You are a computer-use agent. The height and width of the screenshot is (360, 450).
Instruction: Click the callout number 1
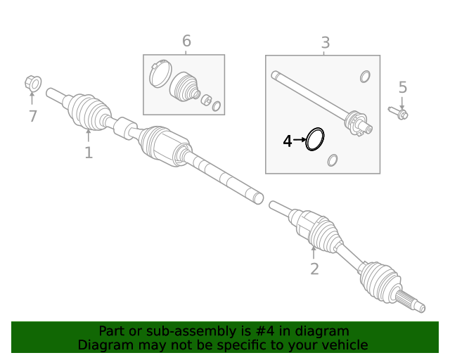click(x=89, y=153)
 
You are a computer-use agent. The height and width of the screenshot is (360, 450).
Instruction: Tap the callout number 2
click(x=314, y=268)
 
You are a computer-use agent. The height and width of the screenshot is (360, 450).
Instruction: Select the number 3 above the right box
click(x=325, y=44)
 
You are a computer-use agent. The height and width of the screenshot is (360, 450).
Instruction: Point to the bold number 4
click(x=287, y=141)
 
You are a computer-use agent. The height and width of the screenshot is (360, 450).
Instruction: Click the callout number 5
click(x=403, y=88)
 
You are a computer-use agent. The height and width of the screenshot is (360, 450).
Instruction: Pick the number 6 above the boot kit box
click(x=186, y=41)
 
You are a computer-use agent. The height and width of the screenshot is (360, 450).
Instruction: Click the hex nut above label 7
click(x=32, y=84)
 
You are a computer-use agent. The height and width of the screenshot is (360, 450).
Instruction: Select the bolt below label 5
click(x=399, y=112)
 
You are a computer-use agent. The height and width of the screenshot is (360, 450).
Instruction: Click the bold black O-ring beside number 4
click(x=315, y=139)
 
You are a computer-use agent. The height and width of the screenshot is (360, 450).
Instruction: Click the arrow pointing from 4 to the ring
click(x=300, y=141)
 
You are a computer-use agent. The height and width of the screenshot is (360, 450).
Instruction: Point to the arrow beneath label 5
click(x=402, y=102)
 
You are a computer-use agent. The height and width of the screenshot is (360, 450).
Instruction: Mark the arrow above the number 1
click(x=88, y=136)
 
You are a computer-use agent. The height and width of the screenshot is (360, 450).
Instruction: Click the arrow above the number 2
click(x=314, y=252)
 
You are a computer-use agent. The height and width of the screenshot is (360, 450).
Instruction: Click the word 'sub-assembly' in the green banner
click(x=167, y=331)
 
